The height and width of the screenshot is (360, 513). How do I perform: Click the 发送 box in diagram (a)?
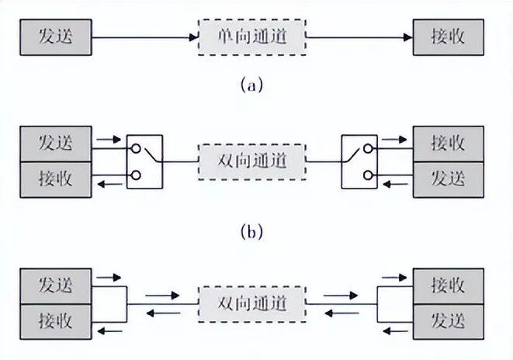(x=56, y=37)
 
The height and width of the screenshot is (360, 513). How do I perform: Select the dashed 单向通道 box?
(x=252, y=37)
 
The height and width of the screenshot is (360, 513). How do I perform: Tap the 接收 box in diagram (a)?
(x=449, y=37)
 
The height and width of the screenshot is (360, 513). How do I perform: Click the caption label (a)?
(x=251, y=85)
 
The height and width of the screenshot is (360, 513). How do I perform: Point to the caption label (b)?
(x=251, y=232)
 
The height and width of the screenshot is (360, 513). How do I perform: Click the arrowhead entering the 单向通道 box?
(x=194, y=37)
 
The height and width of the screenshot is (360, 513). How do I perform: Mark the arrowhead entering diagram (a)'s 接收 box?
(x=408, y=37)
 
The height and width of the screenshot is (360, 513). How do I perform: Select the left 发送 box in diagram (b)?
(x=56, y=144)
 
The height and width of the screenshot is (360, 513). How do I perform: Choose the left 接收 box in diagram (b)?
(x=56, y=179)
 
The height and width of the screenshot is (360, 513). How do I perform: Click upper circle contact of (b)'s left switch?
(x=136, y=149)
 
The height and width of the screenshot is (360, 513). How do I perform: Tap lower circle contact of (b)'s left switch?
(x=136, y=175)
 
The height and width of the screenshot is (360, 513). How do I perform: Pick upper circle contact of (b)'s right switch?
(x=368, y=149)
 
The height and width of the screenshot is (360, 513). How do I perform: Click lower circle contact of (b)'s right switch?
(x=368, y=175)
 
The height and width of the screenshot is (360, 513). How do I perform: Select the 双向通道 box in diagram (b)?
(x=252, y=161)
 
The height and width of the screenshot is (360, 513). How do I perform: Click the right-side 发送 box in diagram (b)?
(x=449, y=179)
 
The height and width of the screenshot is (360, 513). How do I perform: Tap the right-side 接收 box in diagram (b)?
(x=449, y=144)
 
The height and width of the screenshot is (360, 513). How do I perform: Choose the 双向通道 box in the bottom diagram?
(x=252, y=304)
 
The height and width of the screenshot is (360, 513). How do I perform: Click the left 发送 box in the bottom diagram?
(x=56, y=286)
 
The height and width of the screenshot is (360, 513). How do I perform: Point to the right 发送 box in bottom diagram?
(x=449, y=322)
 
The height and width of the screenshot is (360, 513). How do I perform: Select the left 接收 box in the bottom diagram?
(x=56, y=322)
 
